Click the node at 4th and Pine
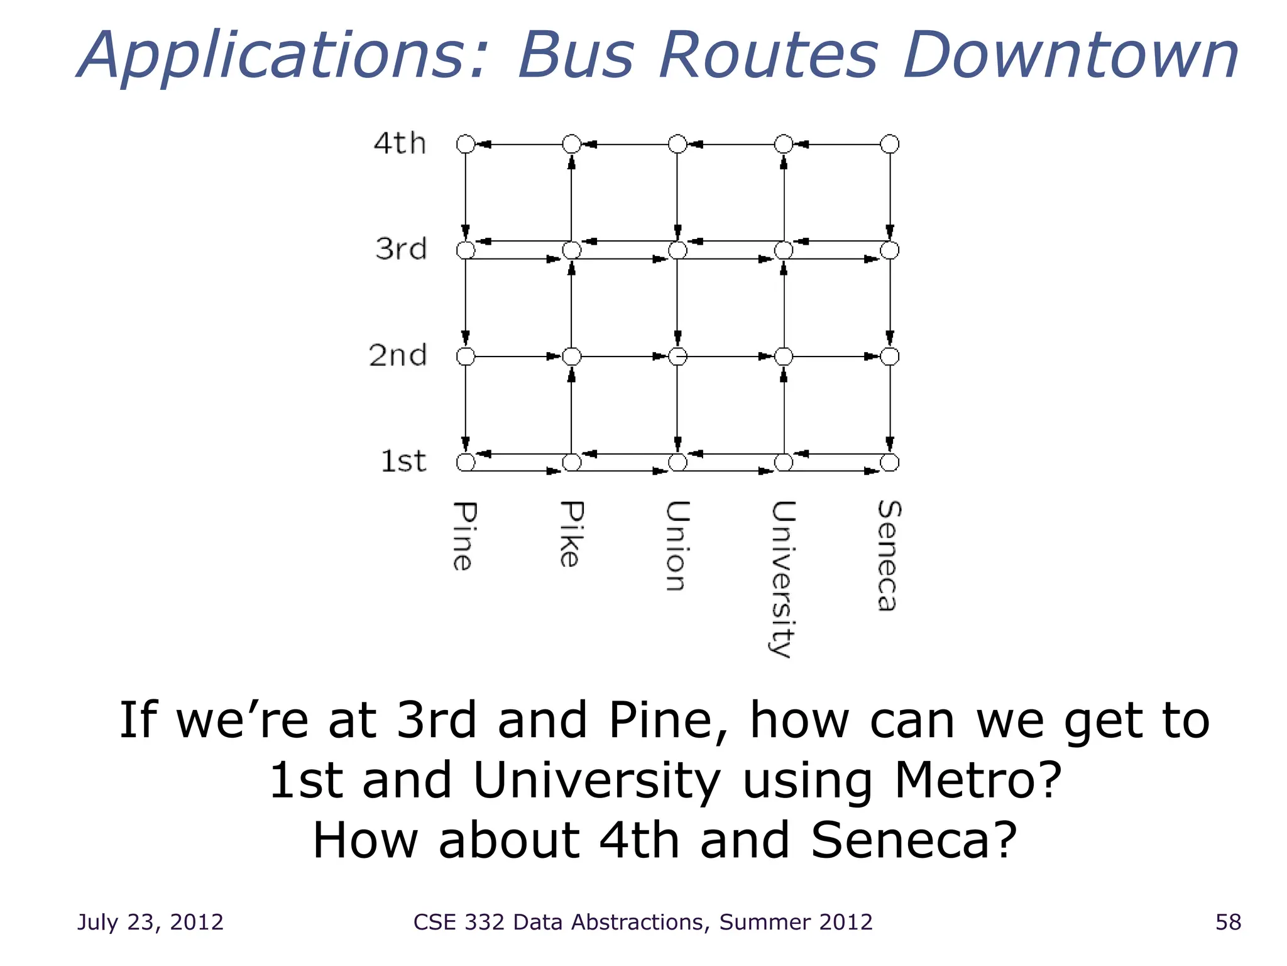466,144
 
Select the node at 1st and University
784,463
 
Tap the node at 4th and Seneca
889,144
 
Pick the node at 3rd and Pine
466,250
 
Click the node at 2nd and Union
677,357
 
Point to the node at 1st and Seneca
889,463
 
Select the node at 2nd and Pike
571,357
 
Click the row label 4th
400,143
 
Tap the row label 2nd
398,356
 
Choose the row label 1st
403,462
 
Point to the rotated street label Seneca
889,555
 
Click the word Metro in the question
977,780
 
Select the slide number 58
1228,922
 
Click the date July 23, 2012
150,922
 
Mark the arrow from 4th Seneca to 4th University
836,145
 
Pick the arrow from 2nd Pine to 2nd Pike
518,357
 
